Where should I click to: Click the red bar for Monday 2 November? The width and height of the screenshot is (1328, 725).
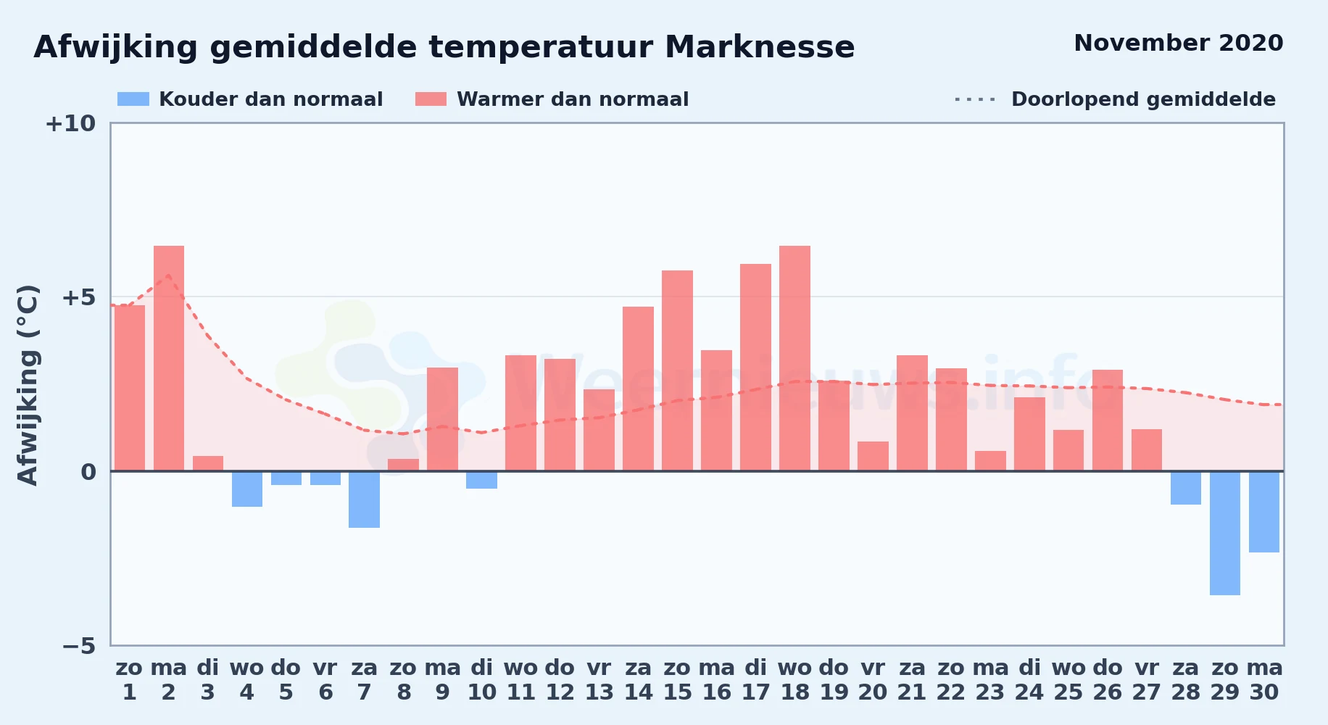[168, 358]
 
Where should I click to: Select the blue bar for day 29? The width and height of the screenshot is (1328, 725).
[1224, 533]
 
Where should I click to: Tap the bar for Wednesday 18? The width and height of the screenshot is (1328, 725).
[794, 358]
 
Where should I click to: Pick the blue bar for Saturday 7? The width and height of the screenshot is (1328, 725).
[364, 500]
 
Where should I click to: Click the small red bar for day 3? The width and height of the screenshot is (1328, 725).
[208, 463]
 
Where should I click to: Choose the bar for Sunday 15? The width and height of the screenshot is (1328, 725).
[677, 370]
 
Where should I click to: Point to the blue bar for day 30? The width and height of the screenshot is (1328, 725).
[1263, 512]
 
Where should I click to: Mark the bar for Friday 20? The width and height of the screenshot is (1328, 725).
[873, 456]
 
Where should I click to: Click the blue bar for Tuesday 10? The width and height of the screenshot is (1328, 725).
[481, 480]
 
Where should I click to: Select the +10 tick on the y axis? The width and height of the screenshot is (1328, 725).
[70, 123]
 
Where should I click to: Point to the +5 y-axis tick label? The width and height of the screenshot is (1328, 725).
[78, 297]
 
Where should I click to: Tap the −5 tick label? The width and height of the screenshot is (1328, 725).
[78, 645]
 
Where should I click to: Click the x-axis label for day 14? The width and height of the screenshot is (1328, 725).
[638, 679]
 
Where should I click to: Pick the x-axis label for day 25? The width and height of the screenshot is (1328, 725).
[1068, 679]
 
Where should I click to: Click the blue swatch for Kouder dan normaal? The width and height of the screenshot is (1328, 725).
[133, 99]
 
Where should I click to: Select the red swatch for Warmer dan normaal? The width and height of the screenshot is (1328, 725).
[431, 99]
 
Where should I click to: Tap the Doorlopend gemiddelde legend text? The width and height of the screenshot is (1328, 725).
[1143, 99]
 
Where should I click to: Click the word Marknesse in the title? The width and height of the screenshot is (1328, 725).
[760, 47]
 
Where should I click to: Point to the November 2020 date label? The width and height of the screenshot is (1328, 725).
[1179, 43]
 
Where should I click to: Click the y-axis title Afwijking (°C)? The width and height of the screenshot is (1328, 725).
[28, 385]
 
